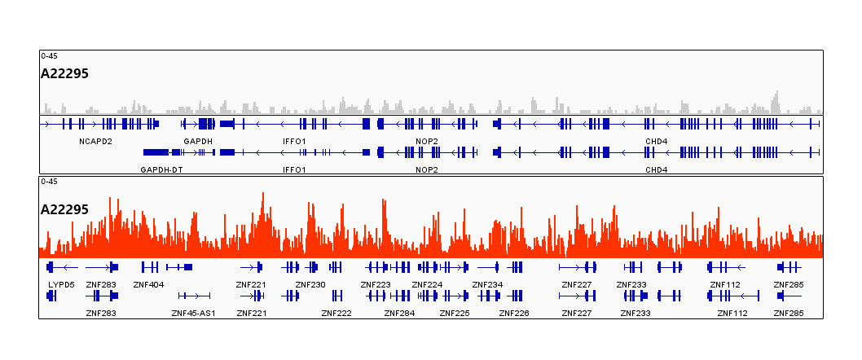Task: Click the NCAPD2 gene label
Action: [x=95, y=142]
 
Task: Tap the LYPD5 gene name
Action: [x=62, y=284]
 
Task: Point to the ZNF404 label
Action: [x=148, y=284]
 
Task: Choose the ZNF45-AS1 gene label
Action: [x=193, y=313]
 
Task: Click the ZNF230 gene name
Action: [x=310, y=284]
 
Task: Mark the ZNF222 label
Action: [x=336, y=313]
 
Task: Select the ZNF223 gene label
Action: [x=376, y=284]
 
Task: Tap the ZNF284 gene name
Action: [x=399, y=313]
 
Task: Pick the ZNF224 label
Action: [x=427, y=284]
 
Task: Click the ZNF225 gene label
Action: [x=455, y=313]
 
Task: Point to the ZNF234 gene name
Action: [x=487, y=284]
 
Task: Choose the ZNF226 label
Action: [x=514, y=313]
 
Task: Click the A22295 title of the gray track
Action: [x=64, y=73]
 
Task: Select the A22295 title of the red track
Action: [x=64, y=209]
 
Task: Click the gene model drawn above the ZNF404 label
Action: [x=149, y=267]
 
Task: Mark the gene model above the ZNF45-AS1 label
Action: [x=194, y=296]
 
